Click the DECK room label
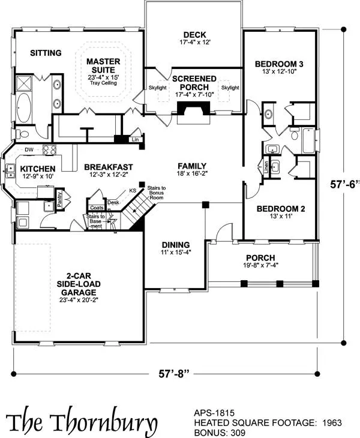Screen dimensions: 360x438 pyautogui.click(x=194, y=35)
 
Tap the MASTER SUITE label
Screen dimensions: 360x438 pyautogui.click(x=103, y=65)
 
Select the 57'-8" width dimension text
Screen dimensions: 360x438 pyautogui.click(x=174, y=374)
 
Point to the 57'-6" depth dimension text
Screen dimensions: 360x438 pyautogui.click(x=344, y=184)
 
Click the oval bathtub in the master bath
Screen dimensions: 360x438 pyautogui.click(x=24, y=107)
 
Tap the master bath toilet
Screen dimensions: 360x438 pyautogui.click(x=22, y=134)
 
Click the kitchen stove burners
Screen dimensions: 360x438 pyautogui.click(x=49, y=150)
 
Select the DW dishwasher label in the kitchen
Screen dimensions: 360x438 pyautogui.click(x=29, y=150)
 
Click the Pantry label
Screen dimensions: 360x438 pyautogui.click(x=59, y=199)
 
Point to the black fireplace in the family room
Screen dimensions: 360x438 pyautogui.click(x=193, y=108)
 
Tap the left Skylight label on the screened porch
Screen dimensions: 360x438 pyautogui.click(x=158, y=88)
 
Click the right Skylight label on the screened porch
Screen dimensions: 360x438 pyautogui.click(x=230, y=88)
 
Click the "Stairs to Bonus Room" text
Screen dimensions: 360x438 pyautogui.click(x=157, y=193)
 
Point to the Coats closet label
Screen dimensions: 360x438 pyautogui.click(x=97, y=208)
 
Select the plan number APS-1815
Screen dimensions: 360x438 pyautogui.click(x=214, y=413)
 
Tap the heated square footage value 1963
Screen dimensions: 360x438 pyautogui.click(x=332, y=422)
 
